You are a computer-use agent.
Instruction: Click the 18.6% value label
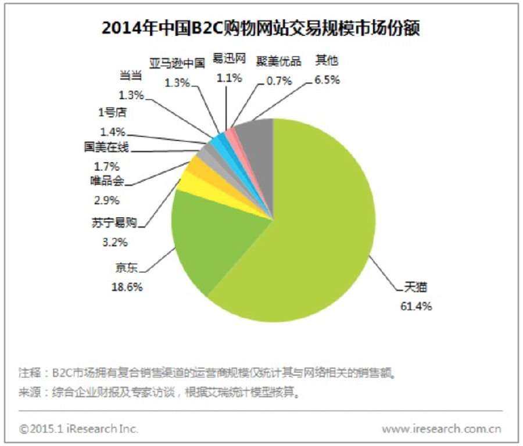pos(127,287)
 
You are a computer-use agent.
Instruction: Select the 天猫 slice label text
pos(407,287)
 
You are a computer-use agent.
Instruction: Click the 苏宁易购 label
pos(114,221)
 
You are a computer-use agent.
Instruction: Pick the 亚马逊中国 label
pos(177,63)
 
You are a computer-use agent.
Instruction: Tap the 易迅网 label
pos(229,59)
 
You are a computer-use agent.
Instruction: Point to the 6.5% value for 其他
pos(327,80)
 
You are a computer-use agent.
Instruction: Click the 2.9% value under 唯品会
pos(107,200)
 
